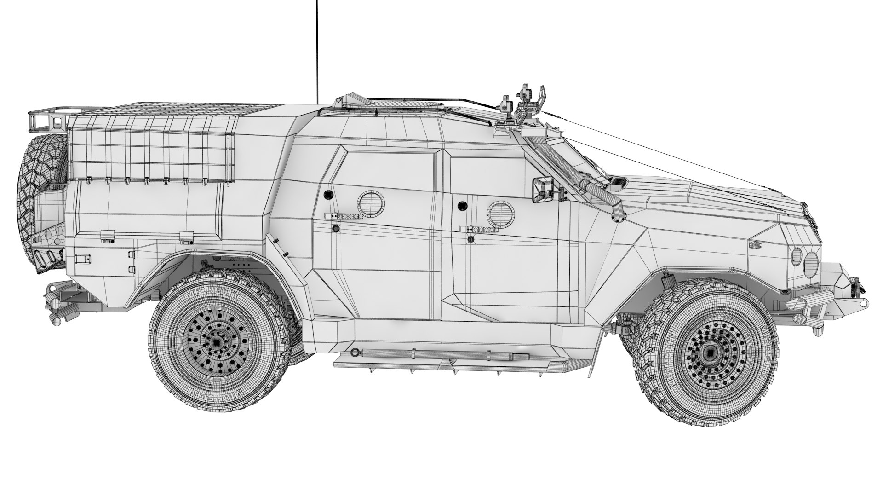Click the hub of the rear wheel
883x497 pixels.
tap(216, 343)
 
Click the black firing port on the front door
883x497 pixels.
tap(461, 206)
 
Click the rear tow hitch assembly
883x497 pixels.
tap(60, 304)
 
